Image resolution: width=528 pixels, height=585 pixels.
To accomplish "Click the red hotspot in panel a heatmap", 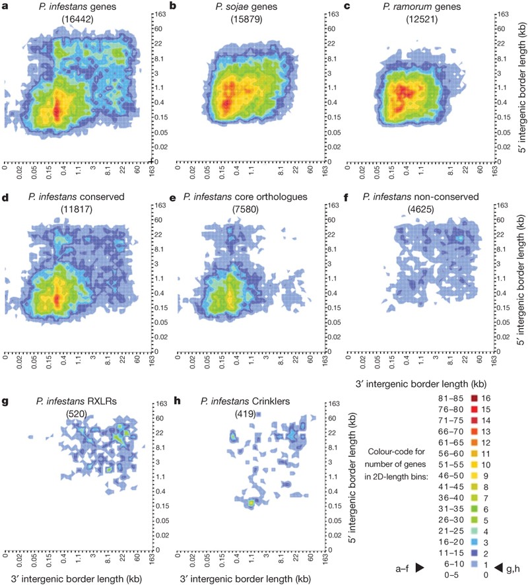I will (57, 110).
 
